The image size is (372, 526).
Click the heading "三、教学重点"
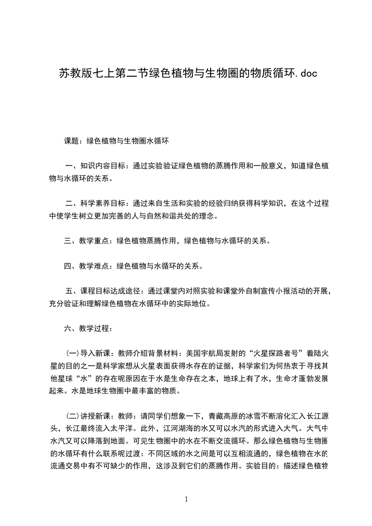point(87,241)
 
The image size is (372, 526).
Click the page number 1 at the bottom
point(186,499)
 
